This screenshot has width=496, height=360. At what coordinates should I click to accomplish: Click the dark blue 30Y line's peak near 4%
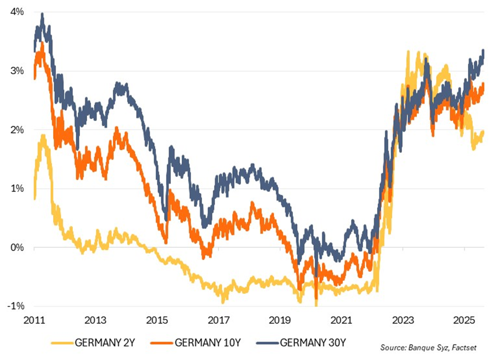tap(42, 14)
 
